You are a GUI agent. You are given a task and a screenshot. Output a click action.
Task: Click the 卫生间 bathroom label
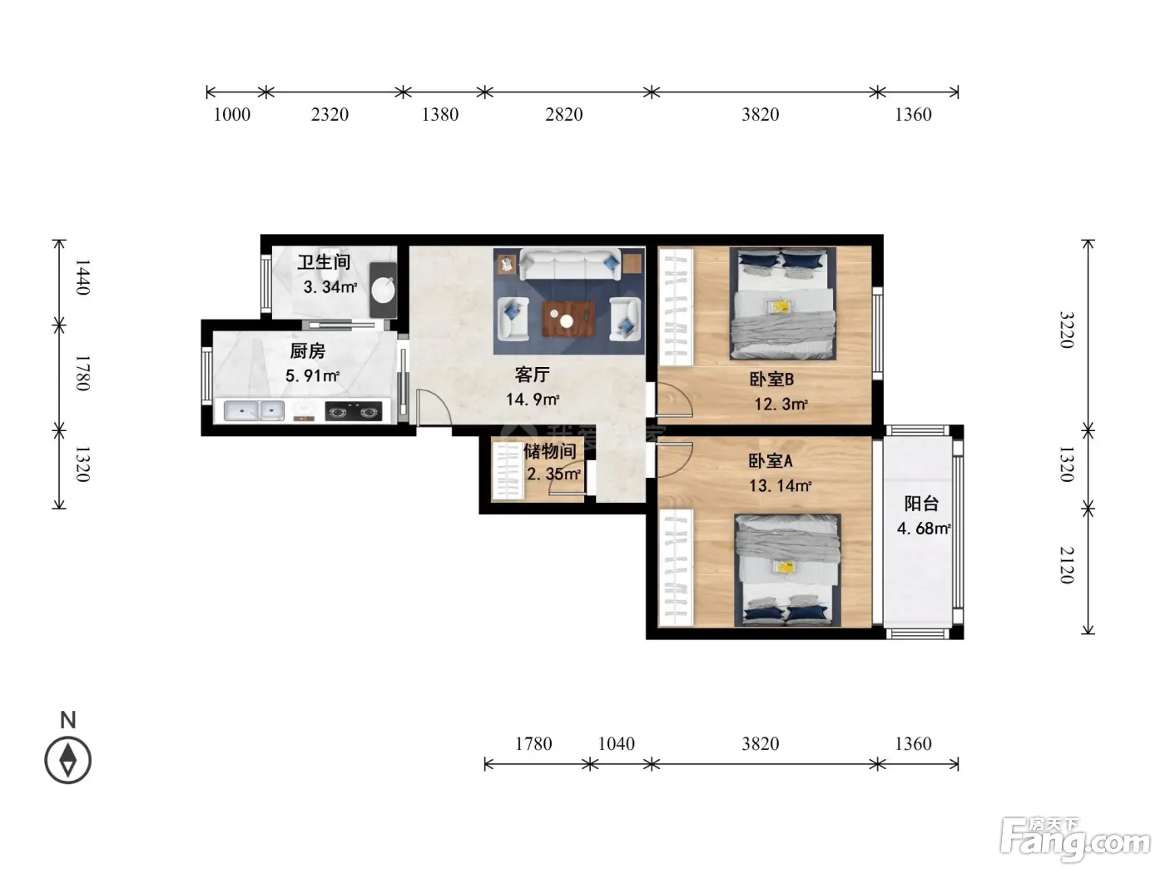pos(324,261)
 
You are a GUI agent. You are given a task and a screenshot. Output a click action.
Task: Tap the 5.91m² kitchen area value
pos(312,375)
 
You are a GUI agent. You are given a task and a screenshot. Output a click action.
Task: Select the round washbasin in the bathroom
pos(384,290)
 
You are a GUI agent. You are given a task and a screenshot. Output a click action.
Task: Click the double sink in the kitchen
pos(254,410)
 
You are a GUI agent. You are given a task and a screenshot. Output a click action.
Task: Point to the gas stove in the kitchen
pos(354,411)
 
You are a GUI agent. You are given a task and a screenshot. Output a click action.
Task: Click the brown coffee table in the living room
pos(568,319)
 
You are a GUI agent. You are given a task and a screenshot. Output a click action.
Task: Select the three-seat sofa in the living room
pos(569,265)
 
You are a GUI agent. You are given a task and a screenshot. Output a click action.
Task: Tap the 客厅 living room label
pos(532,375)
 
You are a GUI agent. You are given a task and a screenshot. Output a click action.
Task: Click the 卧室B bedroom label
pos(771,379)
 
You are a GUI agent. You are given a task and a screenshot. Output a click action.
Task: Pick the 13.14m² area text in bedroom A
pos(781,485)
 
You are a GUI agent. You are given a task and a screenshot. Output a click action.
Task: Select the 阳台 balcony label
pos(921,503)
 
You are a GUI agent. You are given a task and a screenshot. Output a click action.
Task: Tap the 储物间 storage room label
pos(550,451)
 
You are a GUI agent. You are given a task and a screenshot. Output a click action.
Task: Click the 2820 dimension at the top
pos(563,114)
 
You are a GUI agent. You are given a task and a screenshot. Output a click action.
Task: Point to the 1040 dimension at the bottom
pos(617,743)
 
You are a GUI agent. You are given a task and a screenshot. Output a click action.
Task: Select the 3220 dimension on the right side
pos(1067,330)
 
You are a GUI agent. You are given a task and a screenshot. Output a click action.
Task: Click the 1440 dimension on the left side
pos(82,276)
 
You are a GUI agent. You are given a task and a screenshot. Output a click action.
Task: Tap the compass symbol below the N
pos(68,760)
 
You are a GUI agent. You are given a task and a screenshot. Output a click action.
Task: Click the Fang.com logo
pos(1075,838)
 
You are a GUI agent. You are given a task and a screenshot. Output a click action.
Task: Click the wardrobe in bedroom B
pos(676,306)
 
